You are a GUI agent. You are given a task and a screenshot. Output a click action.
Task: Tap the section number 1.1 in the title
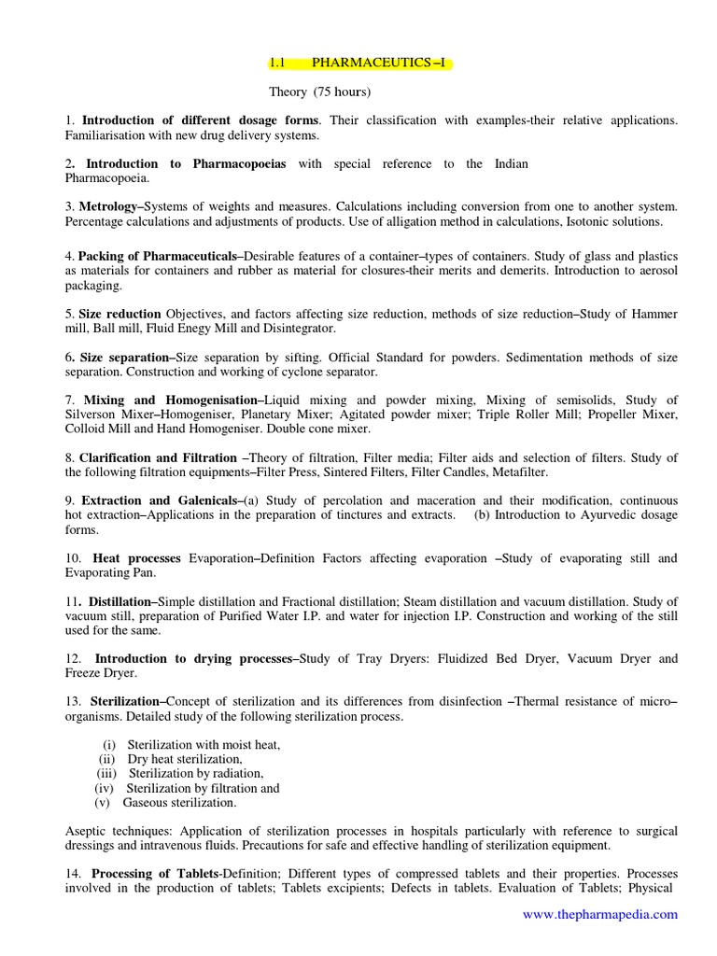click(x=276, y=63)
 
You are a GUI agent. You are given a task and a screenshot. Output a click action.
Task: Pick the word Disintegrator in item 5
click(x=292, y=329)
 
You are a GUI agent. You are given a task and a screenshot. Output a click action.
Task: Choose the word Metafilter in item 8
click(x=496, y=472)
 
